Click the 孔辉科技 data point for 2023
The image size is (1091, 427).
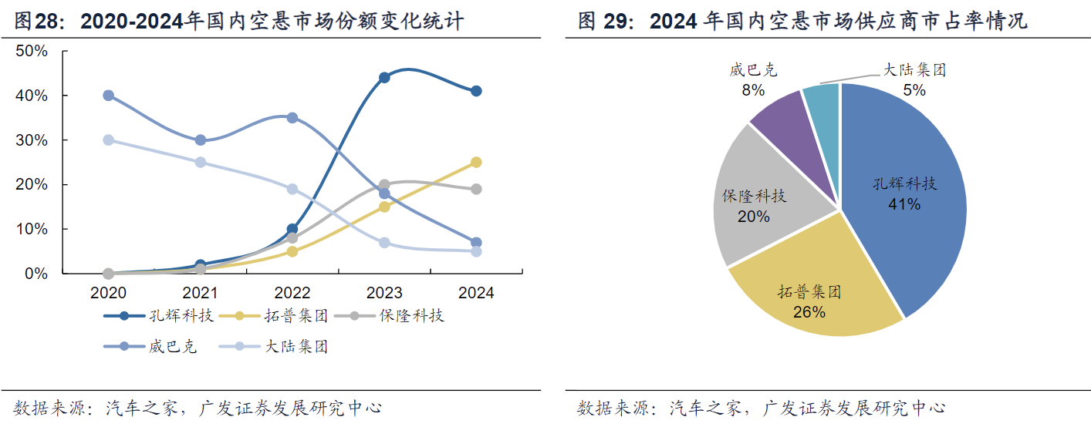click(x=384, y=77)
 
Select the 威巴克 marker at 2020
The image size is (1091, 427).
click(x=109, y=96)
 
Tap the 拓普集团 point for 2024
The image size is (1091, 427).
click(x=476, y=162)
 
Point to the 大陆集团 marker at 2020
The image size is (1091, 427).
click(x=109, y=140)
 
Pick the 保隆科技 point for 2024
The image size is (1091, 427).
click(x=476, y=189)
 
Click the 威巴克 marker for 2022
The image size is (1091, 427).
click(x=292, y=118)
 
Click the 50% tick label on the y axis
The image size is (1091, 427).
click(x=31, y=51)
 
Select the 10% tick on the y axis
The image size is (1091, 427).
click(x=31, y=230)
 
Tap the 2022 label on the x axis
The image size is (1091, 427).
click(x=292, y=293)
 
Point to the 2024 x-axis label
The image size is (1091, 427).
click(x=476, y=293)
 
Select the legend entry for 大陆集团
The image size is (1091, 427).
click(x=282, y=347)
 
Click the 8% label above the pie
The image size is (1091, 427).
click(x=753, y=90)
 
